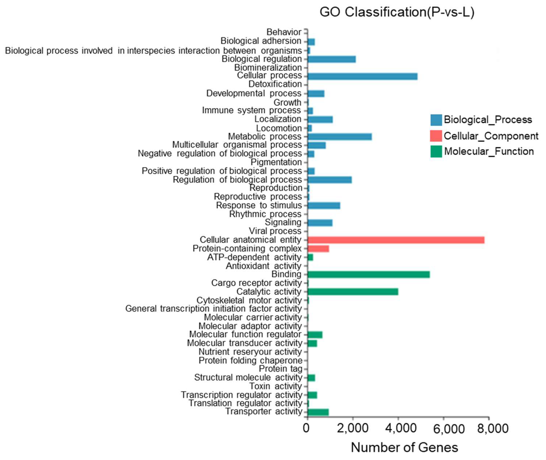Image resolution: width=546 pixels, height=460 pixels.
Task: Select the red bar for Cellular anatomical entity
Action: tap(396, 240)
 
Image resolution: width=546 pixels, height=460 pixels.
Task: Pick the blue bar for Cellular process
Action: tap(362, 76)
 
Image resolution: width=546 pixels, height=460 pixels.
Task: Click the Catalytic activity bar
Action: tap(352, 292)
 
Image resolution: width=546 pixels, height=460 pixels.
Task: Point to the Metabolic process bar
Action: tap(340, 137)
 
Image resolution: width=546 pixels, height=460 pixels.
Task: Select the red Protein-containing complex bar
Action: tap(318, 249)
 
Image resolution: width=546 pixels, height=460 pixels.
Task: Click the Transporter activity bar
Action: tap(318, 412)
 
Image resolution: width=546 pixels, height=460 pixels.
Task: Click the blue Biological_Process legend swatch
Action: tap(436, 120)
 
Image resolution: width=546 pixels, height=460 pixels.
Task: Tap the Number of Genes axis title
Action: tap(404, 447)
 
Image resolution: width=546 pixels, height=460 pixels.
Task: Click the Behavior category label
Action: tap(284, 32)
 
